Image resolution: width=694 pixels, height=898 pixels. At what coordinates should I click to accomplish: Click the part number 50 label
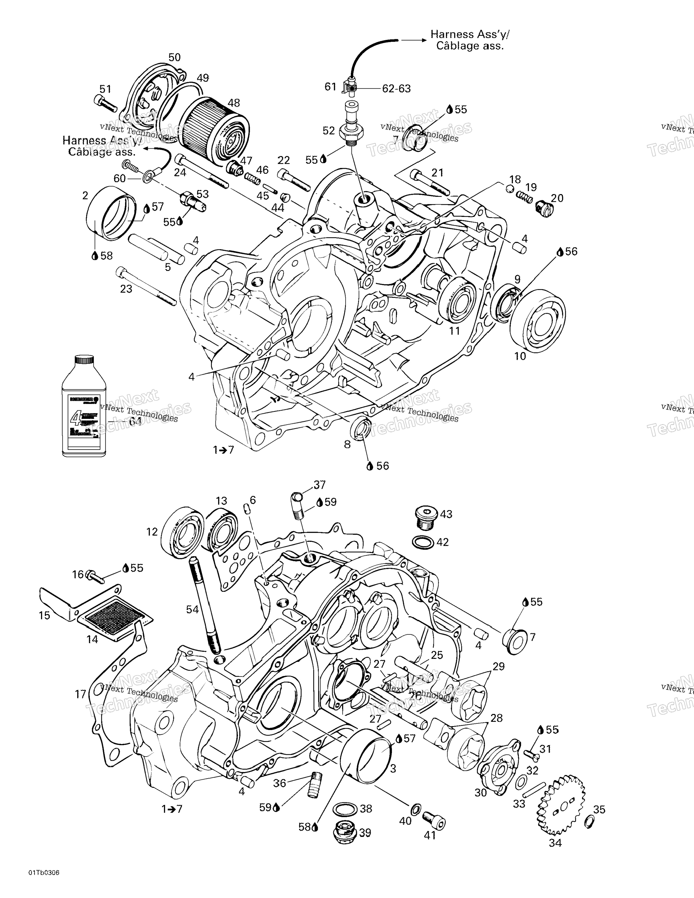click(x=174, y=57)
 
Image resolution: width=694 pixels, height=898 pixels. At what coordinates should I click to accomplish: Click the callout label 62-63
click(x=396, y=88)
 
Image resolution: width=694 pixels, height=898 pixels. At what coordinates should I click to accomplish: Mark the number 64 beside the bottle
click(x=135, y=421)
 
